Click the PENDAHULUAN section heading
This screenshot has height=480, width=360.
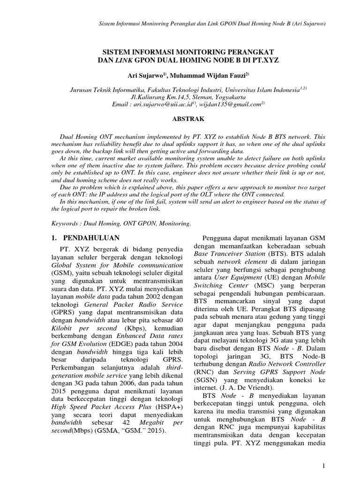pos(92,238)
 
